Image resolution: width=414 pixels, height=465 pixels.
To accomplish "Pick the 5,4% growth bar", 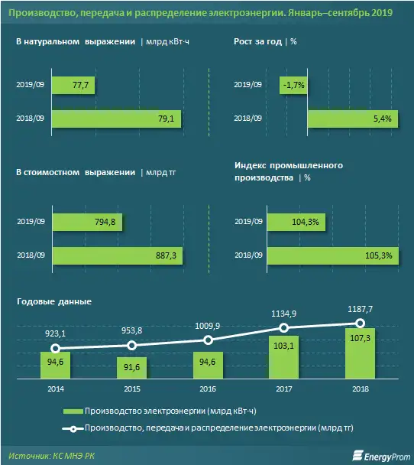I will (x=351, y=119).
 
